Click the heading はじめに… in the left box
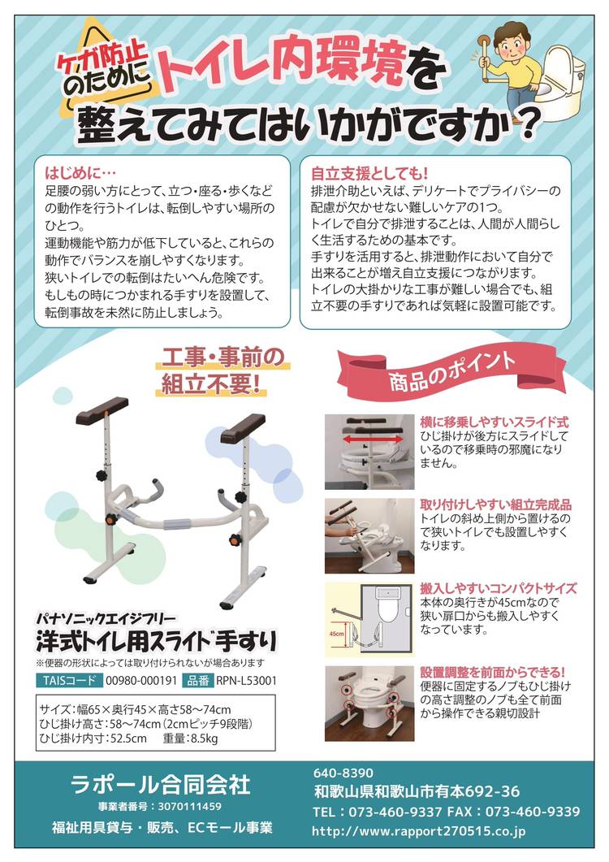[x=80, y=173]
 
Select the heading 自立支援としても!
[x=369, y=174]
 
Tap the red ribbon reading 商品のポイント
[x=451, y=372]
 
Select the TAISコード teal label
[x=69, y=680]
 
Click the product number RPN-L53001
[x=246, y=681]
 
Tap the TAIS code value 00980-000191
[x=141, y=681]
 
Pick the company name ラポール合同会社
[x=161, y=785]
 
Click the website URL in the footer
[x=418, y=831]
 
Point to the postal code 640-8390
[x=343, y=773]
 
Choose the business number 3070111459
[x=190, y=807]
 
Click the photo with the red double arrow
[x=369, y=452]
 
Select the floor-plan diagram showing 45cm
[x=369, y=619]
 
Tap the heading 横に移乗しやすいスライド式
[x=495, y=422]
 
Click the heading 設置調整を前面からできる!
[x=493, y=672]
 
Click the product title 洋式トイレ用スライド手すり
[x=156, y=641]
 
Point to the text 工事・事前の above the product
[x=222, y=358]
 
